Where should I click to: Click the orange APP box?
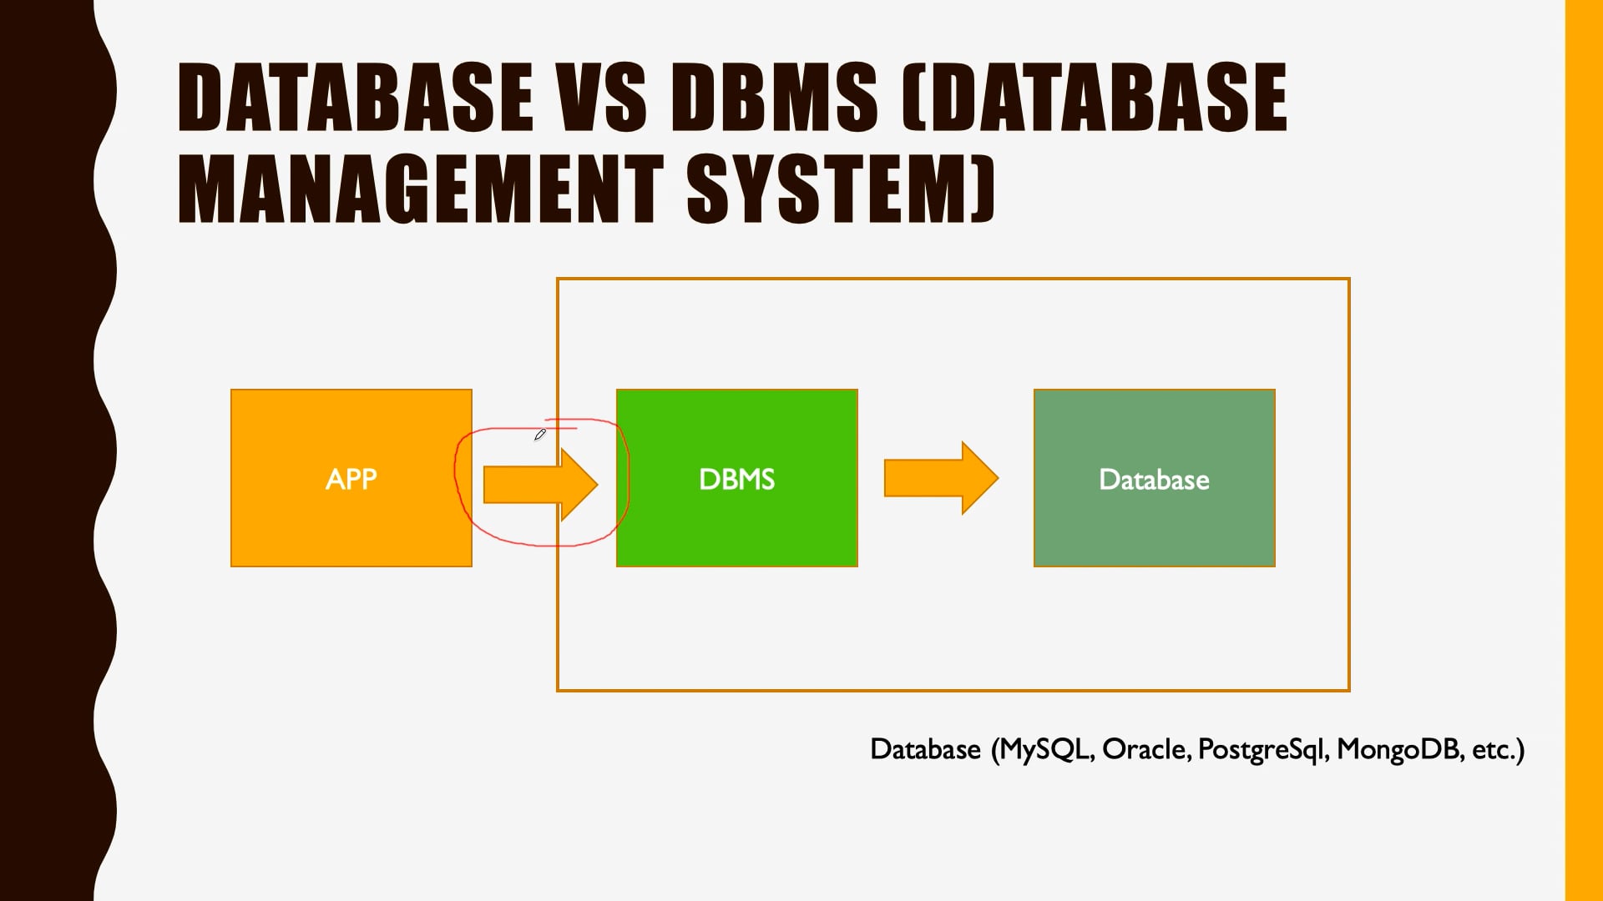351,478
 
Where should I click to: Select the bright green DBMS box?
737,478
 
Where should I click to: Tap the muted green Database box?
1155,478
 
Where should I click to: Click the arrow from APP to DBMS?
540,485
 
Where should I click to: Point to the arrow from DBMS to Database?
941,478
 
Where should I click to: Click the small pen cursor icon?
540,435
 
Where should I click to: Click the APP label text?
351,479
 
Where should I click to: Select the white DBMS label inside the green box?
737,479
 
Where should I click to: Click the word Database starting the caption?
925,749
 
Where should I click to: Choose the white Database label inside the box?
1155,480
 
